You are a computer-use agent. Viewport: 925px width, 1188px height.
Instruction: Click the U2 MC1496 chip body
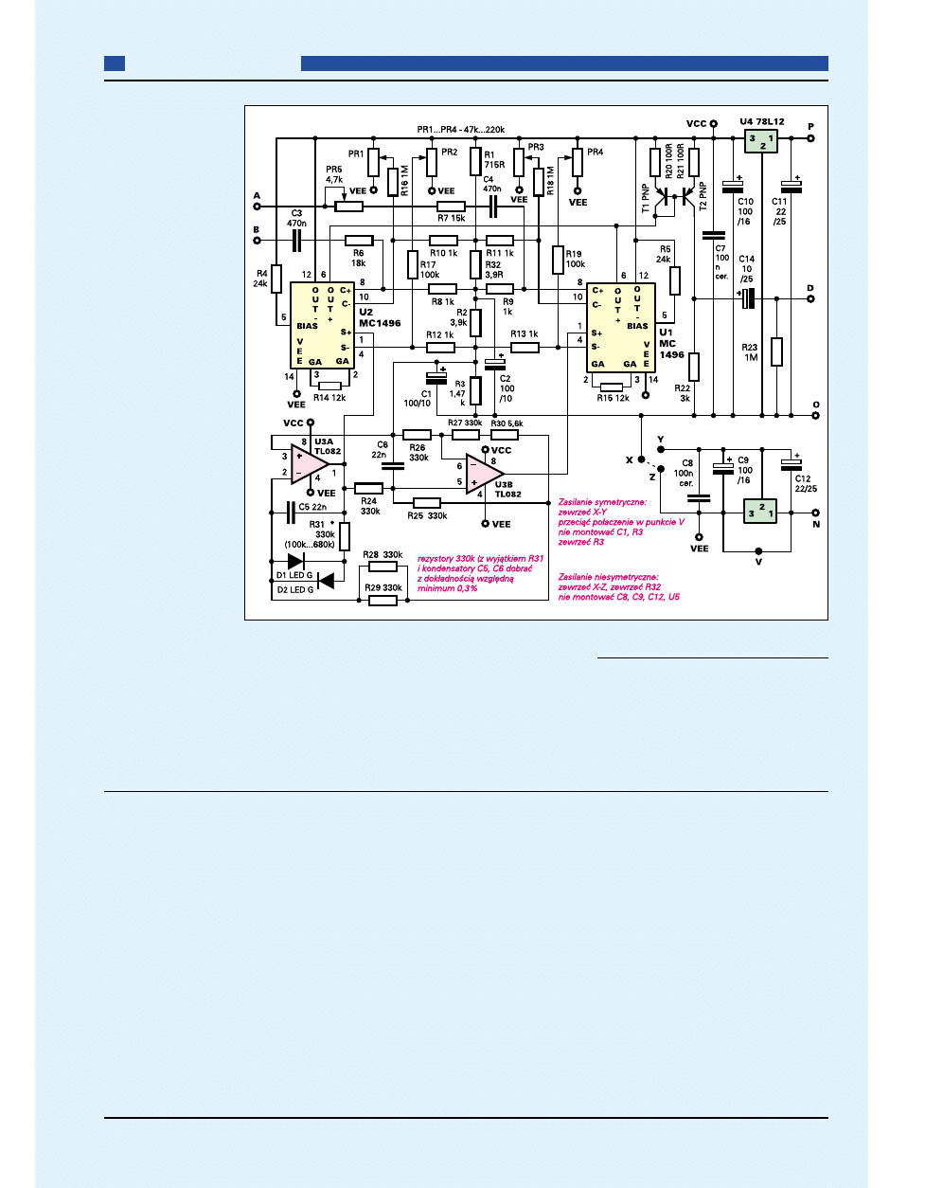pos(322,325)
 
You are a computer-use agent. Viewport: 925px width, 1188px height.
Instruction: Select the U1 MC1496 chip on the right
pos(620,327)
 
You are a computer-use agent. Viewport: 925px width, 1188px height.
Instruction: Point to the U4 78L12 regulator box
pos(761,140)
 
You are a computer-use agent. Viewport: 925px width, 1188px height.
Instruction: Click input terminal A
pos(257,206)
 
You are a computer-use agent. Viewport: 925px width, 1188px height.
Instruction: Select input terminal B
pos(257,240)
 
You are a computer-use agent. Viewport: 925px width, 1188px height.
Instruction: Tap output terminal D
pos(810,298)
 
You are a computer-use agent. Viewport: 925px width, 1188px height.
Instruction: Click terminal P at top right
pos(810,138)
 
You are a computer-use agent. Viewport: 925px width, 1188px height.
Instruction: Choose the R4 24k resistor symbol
pos(276,278)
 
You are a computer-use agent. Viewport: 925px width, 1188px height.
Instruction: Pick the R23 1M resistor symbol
pos(776,351)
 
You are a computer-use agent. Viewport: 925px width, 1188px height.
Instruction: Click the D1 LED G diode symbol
pos(295,562)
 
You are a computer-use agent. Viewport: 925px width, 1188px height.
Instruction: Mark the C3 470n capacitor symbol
pos(296,240)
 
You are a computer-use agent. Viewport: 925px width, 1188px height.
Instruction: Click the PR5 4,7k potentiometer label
pos(334,174)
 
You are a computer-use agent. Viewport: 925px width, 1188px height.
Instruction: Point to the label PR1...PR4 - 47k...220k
pos(460,130)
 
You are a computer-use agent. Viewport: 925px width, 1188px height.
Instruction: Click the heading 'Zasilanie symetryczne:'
pos(602,502)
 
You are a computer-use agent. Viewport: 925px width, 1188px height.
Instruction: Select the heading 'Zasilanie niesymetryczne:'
pos(608,576)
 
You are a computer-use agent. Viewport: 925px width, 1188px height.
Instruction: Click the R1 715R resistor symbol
pos(475,161)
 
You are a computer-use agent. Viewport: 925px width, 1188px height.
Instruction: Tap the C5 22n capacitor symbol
pos(291,513)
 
